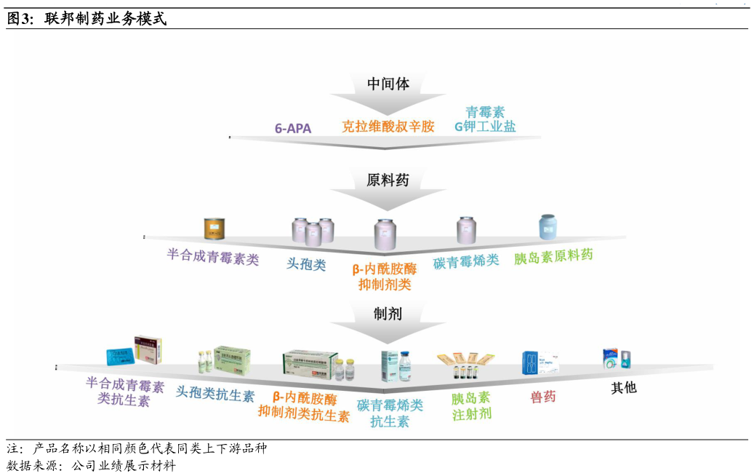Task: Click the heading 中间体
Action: [x=388, y=84]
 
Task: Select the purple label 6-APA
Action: [x=293, y=129]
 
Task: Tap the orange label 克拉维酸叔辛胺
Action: [x=388, y=127]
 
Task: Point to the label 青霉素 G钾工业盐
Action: [x=485, y=119]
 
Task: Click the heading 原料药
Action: [x=388, y=180]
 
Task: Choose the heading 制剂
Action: [x=388, y=314]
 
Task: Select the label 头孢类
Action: [x=306, y=264]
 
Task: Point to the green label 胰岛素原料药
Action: [x=553, y=256]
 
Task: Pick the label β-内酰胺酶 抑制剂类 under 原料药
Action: [x=385, y=277]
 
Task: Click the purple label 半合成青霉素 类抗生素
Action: [x=124, y=392]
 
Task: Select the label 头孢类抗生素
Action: [x=215, y=395]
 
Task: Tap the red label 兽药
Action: [x=542, y=397]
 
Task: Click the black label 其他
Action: [x=623, y=387]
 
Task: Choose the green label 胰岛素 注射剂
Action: [x=471, y=406]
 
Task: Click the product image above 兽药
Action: [x=540, y=362]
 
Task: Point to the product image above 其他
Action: [x=617, y=359]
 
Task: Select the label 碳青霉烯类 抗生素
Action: [x=390, y=413]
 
